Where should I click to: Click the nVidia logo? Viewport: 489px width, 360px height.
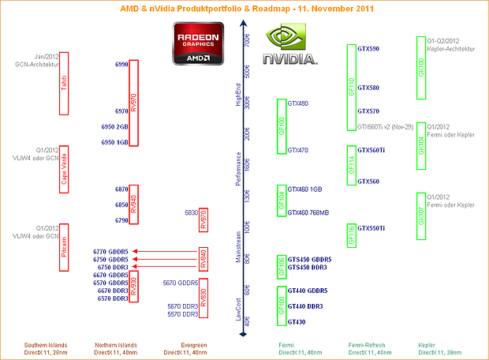tap(290, 46)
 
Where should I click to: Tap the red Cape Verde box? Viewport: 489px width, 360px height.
tap(64, 167)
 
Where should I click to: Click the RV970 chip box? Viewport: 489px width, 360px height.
tap(133, 103)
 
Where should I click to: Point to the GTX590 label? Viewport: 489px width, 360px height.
tap(368, 49)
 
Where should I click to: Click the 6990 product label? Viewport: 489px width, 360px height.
tap(121, 64)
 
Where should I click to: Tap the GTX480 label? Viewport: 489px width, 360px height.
tap(298, 103)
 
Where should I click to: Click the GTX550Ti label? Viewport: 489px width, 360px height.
tap(371, 228)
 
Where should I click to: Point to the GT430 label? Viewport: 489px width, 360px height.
tap(297, 322)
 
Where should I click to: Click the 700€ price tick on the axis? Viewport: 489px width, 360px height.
tap(247, 38)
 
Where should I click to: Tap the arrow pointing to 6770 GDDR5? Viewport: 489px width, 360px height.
tap(166, 250)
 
